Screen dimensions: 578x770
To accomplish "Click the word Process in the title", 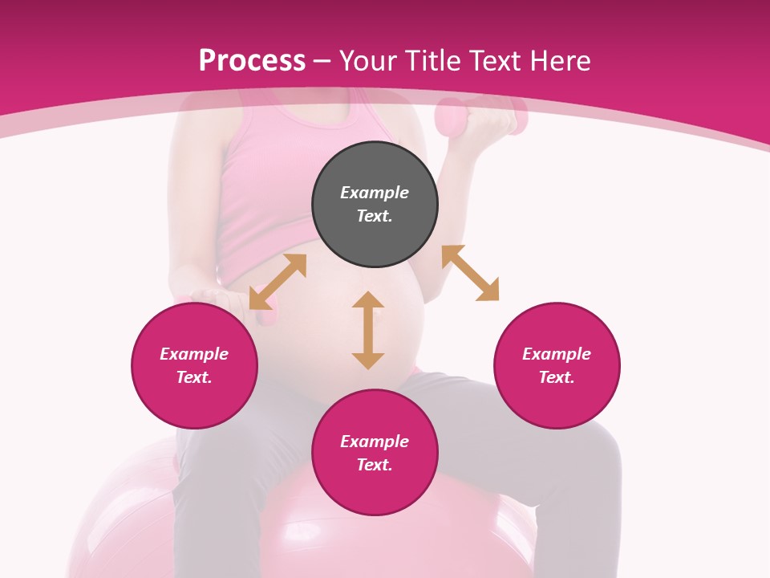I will [x=252, y=61].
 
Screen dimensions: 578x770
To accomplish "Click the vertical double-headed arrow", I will [x=368, y=330].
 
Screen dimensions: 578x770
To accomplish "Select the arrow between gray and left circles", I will [x=278, y=282].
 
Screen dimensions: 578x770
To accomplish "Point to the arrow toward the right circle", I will [x=470, y=273].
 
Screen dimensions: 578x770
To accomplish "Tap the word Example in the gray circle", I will [x=375, y=193].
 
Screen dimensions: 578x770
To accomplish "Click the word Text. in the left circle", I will [x=194, y=377].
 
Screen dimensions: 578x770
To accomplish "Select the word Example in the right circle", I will [x=557, y=354].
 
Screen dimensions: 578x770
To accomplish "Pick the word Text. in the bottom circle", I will [x=375, y=465].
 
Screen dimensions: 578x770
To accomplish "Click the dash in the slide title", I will [x=322, y=62].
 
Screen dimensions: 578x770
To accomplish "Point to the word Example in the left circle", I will [x=194, y=354].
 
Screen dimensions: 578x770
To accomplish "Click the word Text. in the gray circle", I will [x=375, y=216].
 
